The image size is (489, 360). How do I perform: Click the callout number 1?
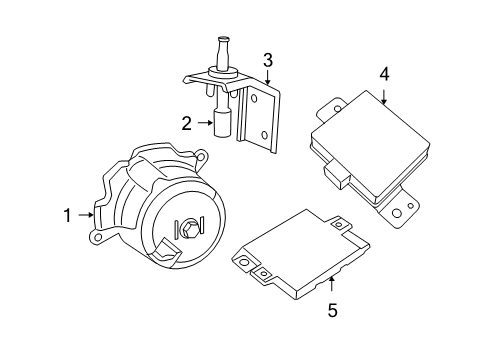(68, 215)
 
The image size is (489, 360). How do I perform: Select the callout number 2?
(186, 124)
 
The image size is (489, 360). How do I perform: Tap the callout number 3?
(268, 61)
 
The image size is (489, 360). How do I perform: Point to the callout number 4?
(384, 73)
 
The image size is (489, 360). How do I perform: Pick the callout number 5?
(332, 310)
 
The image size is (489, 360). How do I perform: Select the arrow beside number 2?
(204, 124)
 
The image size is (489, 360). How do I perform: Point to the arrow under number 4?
(384, 95)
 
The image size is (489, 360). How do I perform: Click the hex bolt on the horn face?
(186, 231)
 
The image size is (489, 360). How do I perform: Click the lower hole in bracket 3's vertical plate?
(263, 135)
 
